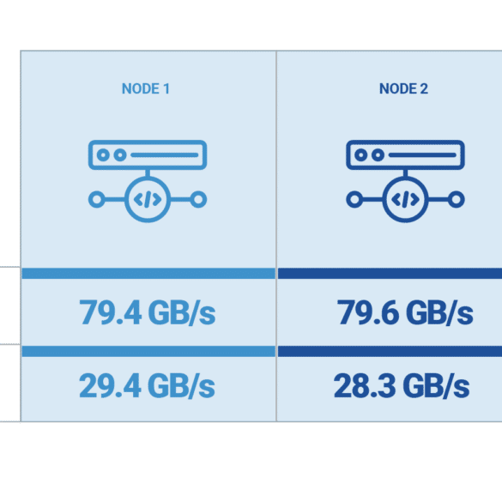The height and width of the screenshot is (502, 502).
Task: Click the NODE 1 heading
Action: (146, 88)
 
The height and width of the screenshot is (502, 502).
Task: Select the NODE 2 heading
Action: (403, 88)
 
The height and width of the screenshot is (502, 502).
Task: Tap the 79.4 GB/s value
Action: (148, 312)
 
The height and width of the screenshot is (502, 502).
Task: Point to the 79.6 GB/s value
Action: (405, 312)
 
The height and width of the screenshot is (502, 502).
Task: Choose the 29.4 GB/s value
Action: (147, 386)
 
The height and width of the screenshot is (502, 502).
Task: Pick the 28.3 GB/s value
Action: (402, 386)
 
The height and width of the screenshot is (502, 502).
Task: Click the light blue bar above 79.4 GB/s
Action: (148, 274)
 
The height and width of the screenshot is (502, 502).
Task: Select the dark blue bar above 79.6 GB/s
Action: (390, 274)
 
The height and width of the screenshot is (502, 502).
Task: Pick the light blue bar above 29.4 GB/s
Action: (148, 351)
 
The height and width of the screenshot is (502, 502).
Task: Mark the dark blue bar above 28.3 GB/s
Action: (390, 351)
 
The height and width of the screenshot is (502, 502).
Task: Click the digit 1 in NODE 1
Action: (166, 88)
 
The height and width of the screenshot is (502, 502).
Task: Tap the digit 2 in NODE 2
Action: (424, 88)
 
